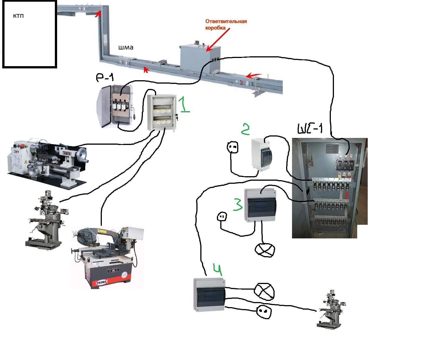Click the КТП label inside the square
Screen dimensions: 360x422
[x=18, y=16]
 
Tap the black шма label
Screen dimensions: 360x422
[x=125, y=48]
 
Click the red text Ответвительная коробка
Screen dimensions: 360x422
[x=226, y=24]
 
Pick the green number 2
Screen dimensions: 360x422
[x=245, y=129]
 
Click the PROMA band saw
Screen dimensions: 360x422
[x=107, y=256]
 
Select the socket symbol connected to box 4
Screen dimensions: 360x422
[x=264, y=312]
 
